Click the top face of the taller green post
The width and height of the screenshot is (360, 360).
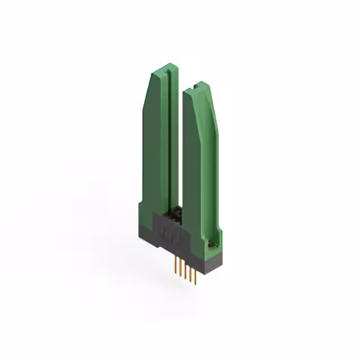165,70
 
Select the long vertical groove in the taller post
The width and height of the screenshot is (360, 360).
167,141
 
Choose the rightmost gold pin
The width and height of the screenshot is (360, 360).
195,278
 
